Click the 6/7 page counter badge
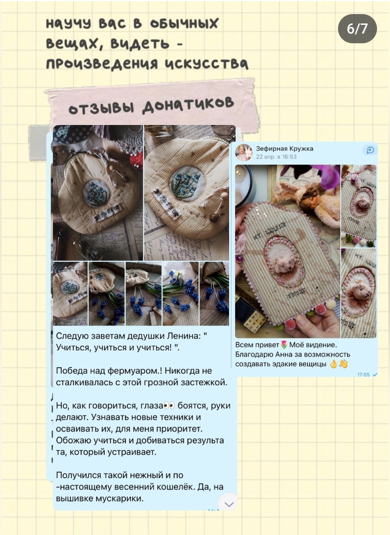(357, 29)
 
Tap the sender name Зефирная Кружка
(284, 149)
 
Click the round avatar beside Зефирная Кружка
(244, 153)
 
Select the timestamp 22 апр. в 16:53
(276, 157)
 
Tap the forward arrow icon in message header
(370, 150)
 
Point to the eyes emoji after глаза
(170, 406)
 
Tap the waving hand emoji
(343, 364)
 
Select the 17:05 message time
(363, 375)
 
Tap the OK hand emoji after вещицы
(333, 364)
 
